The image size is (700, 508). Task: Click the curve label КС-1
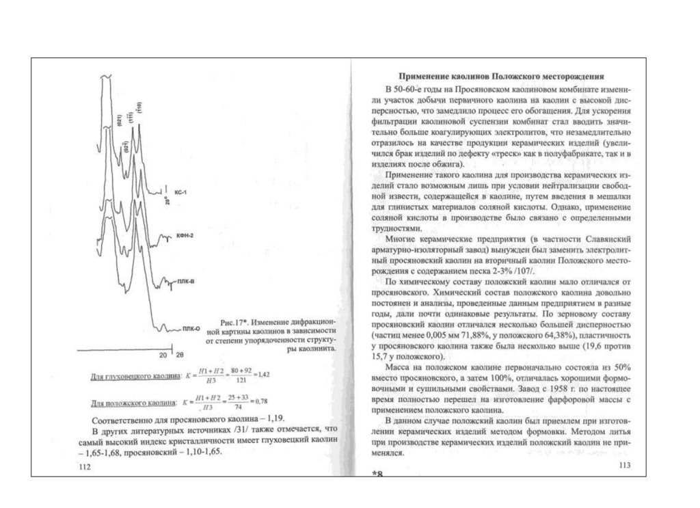(x=181, y=193)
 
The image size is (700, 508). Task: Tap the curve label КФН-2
(x=185, y=236)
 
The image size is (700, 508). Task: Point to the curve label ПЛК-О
(x=191, y=329)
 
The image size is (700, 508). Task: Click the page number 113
(x=623, y=466)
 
